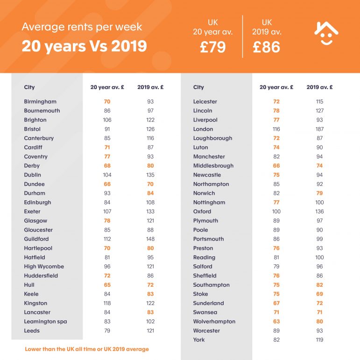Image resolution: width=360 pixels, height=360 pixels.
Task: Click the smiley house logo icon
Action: point(326,34)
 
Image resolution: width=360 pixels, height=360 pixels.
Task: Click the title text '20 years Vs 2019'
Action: point(84,46)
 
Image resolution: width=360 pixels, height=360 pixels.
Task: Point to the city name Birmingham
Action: point(40,101)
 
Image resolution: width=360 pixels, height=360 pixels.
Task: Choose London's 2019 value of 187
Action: point(320,129)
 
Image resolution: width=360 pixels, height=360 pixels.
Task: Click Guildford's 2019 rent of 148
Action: point(150,239)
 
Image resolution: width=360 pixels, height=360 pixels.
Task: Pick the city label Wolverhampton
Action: point(214,322)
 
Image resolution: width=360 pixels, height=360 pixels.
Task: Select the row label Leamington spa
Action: point(46,322)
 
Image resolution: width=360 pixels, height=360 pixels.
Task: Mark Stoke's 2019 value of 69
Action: point(320,294)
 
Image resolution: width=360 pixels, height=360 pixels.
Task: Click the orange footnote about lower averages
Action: point(87,349)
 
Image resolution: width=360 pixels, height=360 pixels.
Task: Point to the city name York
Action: point(199,340)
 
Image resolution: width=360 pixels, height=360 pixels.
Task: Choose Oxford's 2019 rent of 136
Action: point(320,212)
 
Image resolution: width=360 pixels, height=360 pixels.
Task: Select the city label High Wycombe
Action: point(44,267)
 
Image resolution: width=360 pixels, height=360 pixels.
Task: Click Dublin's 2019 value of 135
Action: point(150,175)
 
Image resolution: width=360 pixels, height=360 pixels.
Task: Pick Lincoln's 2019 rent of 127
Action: point(320,111)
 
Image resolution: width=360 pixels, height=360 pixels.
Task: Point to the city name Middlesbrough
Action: point(213,166)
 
